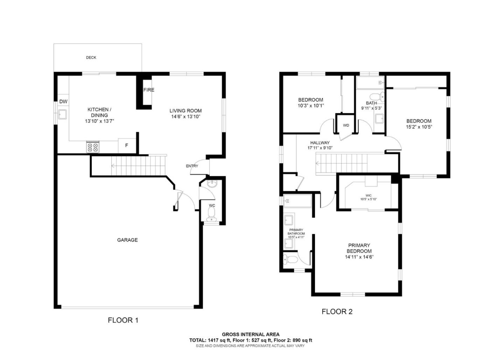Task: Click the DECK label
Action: (x=91, y=57)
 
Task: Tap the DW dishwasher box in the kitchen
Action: (x=63, y=102)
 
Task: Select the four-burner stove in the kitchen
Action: (x=93, y=147)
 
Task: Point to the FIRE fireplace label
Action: (x=148, y=90)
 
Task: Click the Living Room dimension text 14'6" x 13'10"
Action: (x=185, y=117)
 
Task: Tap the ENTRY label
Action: (x=192, y=166)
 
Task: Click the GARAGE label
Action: (x=127, y=240)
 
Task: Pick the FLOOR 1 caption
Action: (x=123, y=320)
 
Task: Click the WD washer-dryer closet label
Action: (x=346, y=126)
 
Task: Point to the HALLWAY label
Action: (x=320, y=143)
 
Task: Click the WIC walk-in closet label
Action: (x=369, y=196)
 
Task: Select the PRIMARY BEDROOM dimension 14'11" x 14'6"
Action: (x=359, y=257)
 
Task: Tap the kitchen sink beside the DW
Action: (x=63, y=114)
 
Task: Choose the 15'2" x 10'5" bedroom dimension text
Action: (x=419, y=127)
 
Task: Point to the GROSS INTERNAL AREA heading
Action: (x=251, y=334)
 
